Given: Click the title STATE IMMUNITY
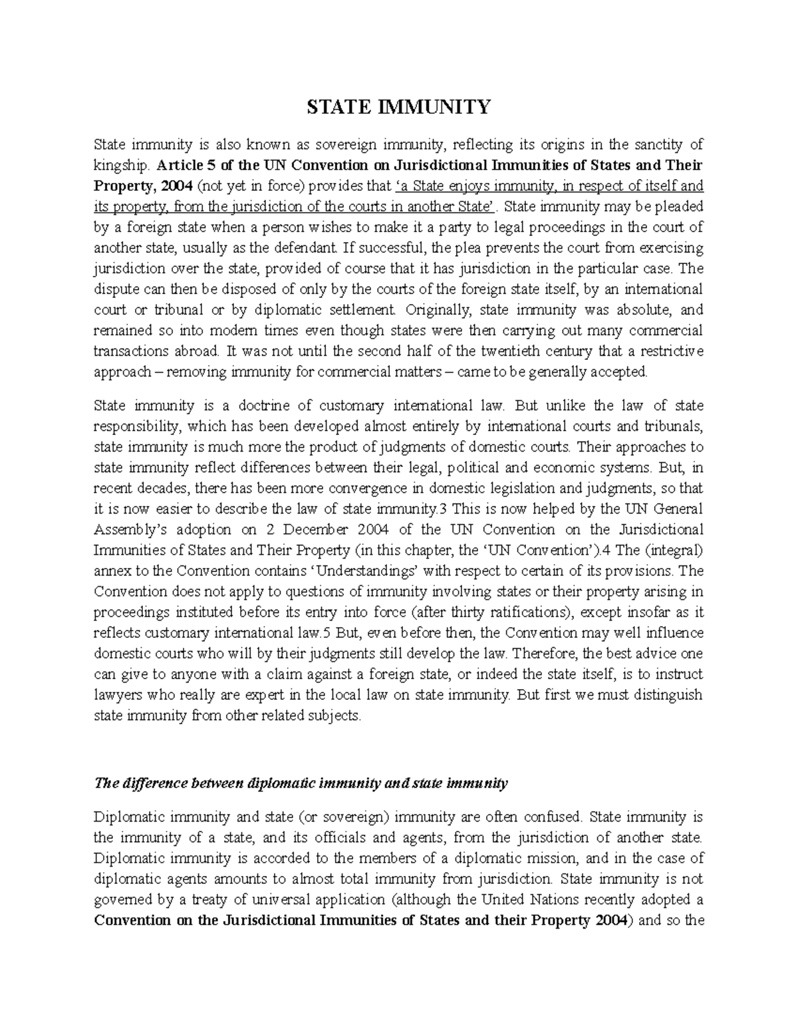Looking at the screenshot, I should [398, 106].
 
